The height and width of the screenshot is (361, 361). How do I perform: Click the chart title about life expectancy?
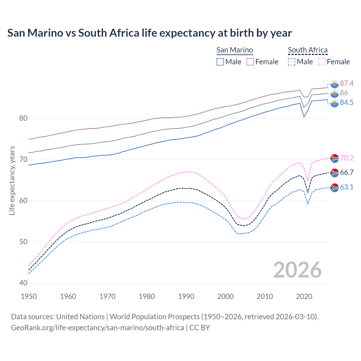tap(149, 33)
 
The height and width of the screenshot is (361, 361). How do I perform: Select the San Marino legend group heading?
tap(235, 50)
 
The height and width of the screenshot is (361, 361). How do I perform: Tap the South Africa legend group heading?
tap(308, 50)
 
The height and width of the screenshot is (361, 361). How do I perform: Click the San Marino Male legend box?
tap(220, 62)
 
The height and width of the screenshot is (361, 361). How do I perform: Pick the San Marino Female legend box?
tap(250, 62)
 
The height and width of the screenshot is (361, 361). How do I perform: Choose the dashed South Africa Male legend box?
tap(292, 62)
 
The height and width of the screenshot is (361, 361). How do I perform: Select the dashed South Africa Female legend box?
tap(322, 62)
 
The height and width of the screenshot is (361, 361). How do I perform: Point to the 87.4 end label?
tap(347, 83)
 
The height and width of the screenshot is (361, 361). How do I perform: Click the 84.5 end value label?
tap(347, 103)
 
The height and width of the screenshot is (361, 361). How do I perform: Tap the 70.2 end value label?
tap(347, 158)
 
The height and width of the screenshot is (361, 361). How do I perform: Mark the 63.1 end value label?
tap(347, 187)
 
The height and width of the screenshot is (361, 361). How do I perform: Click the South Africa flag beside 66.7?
tap(334, 173)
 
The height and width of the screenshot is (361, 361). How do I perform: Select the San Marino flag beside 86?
tap(334, 93)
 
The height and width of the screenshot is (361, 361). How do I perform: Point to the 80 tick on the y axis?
tap(23, 118)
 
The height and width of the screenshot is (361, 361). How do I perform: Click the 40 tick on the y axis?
tap(23, 283)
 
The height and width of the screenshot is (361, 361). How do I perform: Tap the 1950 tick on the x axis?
tap(29, 296)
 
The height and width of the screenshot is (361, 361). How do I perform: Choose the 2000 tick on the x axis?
tap(225, 296)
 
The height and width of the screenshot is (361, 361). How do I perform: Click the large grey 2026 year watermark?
tap(298, 270)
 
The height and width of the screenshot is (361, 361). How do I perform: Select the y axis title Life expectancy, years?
tap(12, 180)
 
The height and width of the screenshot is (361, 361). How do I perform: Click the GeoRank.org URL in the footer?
tap(97, 328)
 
